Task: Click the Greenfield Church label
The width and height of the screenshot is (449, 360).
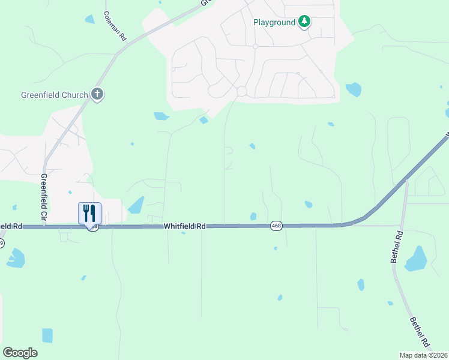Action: point(55,94)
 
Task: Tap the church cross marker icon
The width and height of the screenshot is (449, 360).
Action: point(97,94)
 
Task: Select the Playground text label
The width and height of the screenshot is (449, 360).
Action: point(274,22)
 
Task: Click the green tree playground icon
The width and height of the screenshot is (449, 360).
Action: point(305,22)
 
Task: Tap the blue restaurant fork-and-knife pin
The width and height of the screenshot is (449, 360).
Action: point(90,214)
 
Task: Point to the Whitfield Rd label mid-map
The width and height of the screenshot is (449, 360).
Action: point(185,226)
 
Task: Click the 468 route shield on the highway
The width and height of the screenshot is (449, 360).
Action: point(276,226)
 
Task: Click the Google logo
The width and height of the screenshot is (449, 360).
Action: point(20,353)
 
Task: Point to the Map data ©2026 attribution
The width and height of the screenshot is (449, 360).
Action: point(424,355)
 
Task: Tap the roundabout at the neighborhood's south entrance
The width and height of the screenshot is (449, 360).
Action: point(242,91)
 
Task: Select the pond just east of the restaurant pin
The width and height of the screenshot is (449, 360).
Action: point(136,205)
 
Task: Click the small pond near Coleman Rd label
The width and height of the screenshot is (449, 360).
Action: point(90,19)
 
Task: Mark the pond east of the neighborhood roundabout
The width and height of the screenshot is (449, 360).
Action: point(353,90)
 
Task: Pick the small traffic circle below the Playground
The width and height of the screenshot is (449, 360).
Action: point(255,46)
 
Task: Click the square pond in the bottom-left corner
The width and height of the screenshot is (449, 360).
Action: point(47,335)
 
